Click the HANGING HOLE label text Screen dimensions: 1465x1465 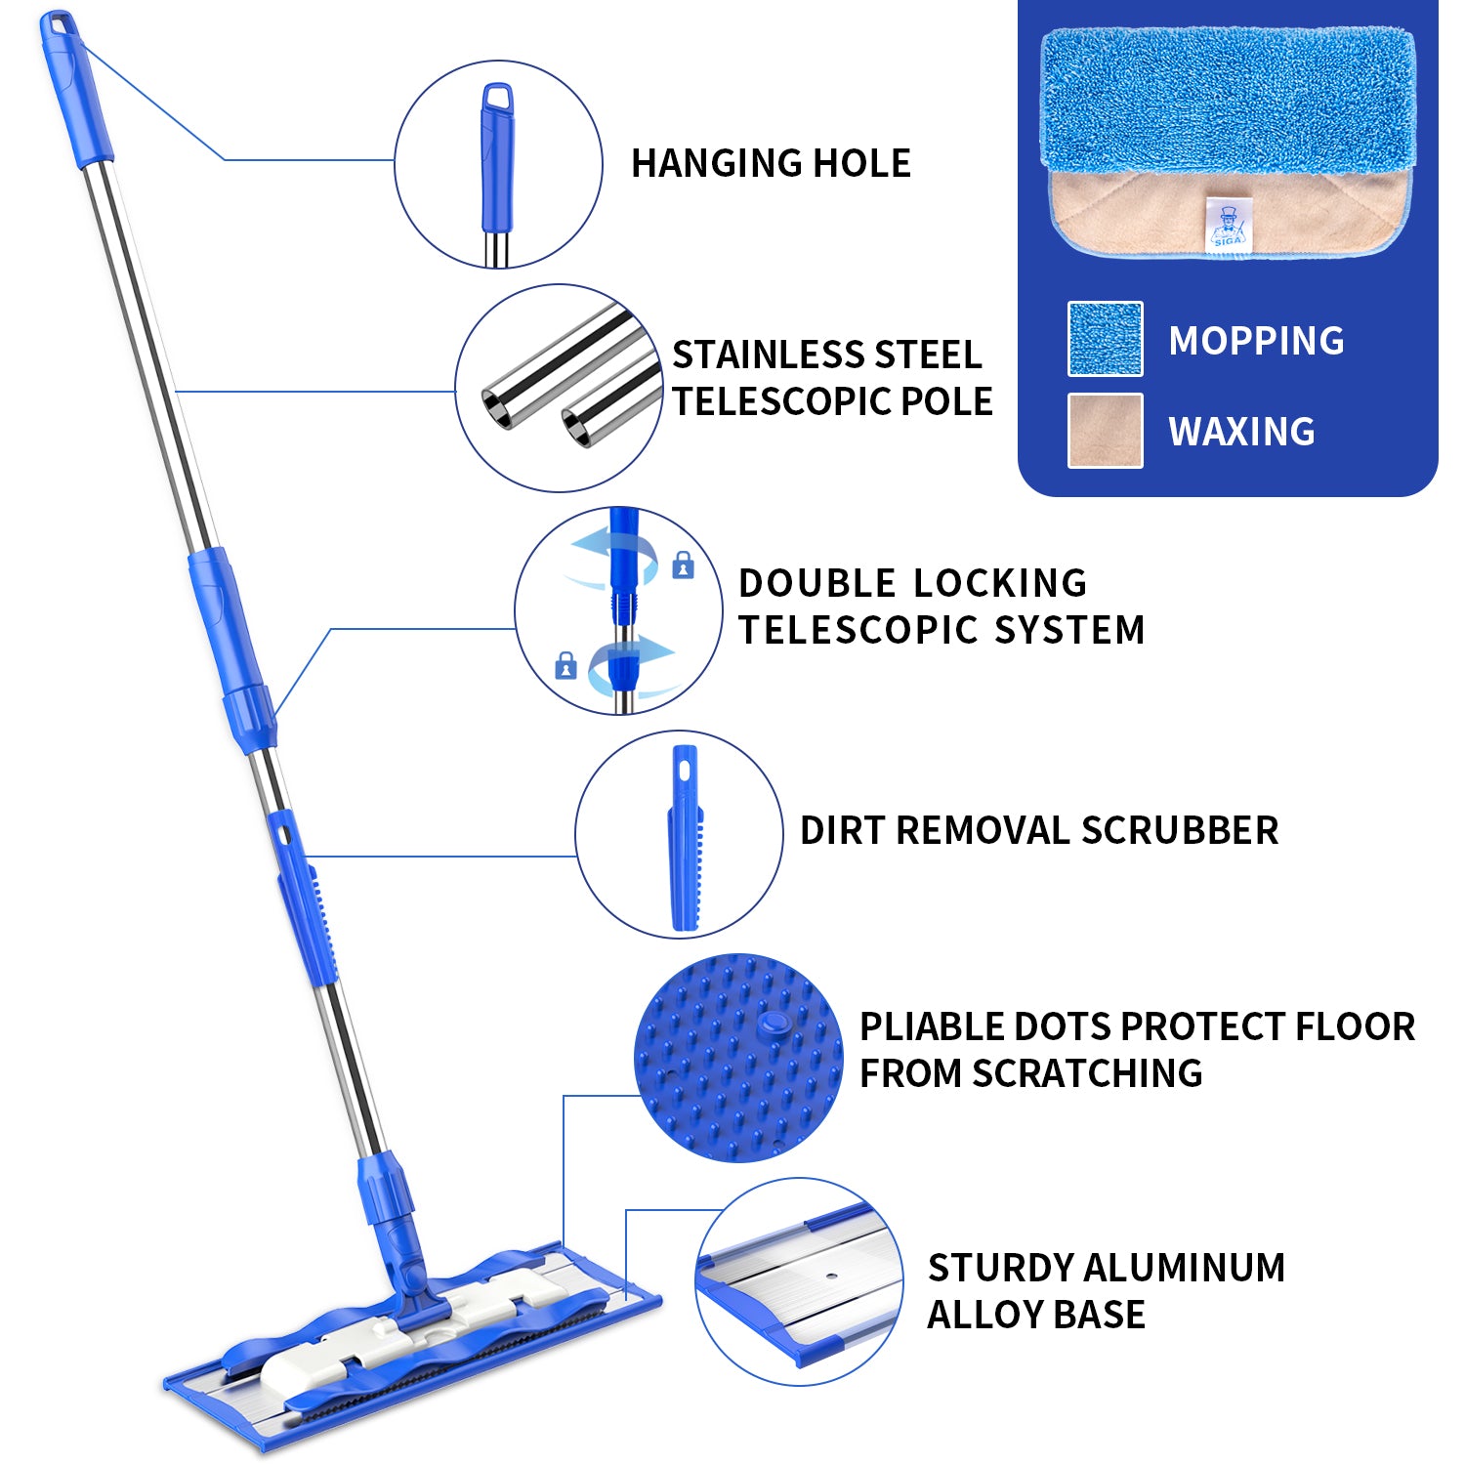click(x=771, y=163)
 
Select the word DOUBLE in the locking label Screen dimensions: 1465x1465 click(x=816, y=583)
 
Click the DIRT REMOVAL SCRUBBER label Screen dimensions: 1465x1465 click(x=1038, y=830)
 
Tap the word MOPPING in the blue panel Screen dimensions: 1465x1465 click(x=1256, y=341)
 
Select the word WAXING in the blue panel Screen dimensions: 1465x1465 click(x=1241, y=432)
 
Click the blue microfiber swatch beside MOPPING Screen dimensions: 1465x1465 click(x=1105, y=339)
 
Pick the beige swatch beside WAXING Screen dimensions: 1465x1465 click(x=1105, y=431)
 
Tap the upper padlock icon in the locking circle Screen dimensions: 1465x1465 click(x=684, y=565)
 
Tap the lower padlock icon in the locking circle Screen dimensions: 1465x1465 click(x=565, y=666)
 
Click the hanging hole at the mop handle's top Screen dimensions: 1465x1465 click(x=57, y=23)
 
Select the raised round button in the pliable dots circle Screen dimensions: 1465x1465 click(x=774, y=1023)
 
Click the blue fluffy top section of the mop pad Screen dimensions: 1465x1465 click(x=1227, y=98)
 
